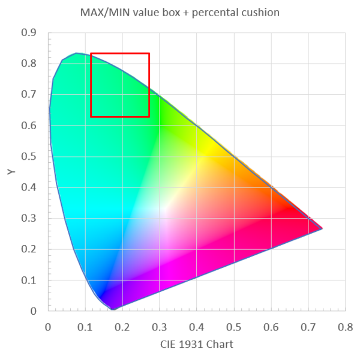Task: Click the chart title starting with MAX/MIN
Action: (x=180, y=13)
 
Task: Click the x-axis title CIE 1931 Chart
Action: (x=196, y=344)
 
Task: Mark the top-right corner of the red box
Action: (x=149, y=53)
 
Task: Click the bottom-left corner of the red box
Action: (x=91, y=117)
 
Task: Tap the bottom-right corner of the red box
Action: (x=149, y=117)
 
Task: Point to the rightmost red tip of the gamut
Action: (x=322, y=228)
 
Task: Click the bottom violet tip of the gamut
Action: (x=112, y=309)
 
